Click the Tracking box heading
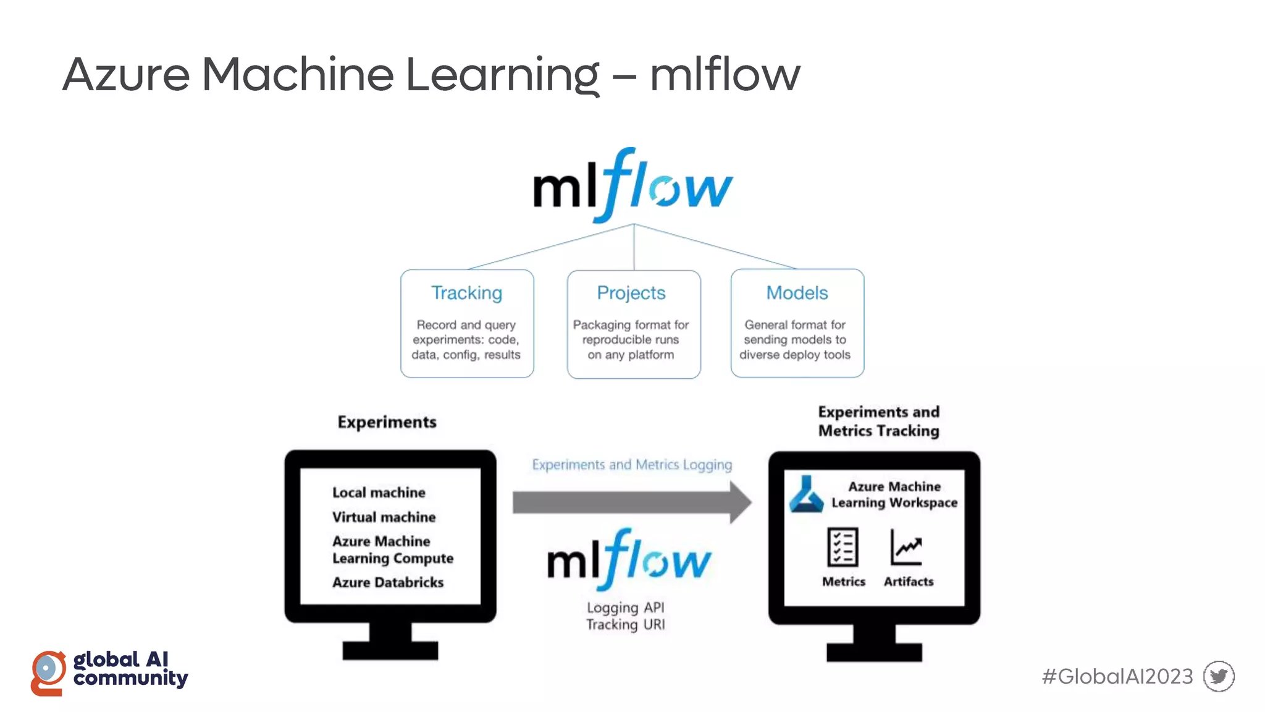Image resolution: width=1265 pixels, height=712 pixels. [466, 293]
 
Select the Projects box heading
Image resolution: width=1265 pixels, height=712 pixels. [631, 293]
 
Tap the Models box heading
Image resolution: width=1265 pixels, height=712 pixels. [797, 293]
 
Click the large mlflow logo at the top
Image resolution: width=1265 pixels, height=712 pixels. [632, 185]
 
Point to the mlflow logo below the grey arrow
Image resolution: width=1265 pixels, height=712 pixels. [629, 560]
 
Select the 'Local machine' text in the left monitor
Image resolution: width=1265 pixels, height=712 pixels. [379, 493]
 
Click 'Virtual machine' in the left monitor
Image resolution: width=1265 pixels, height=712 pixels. [384, 517]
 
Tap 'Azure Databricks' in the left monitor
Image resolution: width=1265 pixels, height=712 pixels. [388, 582]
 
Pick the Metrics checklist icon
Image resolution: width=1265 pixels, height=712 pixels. [843, 547]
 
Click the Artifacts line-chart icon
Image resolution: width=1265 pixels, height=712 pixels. [906, 547]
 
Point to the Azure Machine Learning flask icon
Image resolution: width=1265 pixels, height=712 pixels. [806, 494]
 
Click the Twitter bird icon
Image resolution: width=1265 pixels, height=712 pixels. [1219, 676]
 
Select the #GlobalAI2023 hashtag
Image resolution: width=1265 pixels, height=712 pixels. [1117, 677]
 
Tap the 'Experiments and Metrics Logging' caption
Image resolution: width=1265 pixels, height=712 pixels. [632, 465]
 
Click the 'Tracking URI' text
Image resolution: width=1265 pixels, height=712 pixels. [625, 625]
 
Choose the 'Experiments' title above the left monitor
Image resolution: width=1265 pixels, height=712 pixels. [387, 422]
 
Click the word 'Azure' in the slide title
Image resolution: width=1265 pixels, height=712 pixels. [127, 75]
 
